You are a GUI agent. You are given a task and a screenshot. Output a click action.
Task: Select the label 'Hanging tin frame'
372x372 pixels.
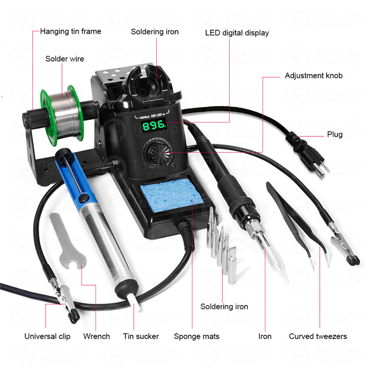[x=70, y=32]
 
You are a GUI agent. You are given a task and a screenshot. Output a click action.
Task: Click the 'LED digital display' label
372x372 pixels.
[x=237, y=33]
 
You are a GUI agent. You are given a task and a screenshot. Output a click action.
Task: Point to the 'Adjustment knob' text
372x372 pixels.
[x=313, y=76]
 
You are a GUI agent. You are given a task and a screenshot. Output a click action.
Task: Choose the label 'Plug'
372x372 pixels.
[x=335, y=134]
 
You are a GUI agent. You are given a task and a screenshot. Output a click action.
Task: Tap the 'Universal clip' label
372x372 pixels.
[x=48, y=336]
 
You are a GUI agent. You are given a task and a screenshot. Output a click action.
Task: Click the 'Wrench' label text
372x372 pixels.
[x=97, y=336]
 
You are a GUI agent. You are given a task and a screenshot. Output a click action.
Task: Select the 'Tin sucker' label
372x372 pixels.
[x=141, y=336]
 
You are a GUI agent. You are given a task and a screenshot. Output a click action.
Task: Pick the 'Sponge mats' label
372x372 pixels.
[x=196, y=336]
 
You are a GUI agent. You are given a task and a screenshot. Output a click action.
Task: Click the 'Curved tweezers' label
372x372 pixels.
[x=318, y=336]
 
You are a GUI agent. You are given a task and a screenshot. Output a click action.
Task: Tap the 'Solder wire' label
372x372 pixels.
[x=65, y=59]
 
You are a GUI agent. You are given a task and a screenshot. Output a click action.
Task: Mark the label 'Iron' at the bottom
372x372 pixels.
[x=265, y=336]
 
